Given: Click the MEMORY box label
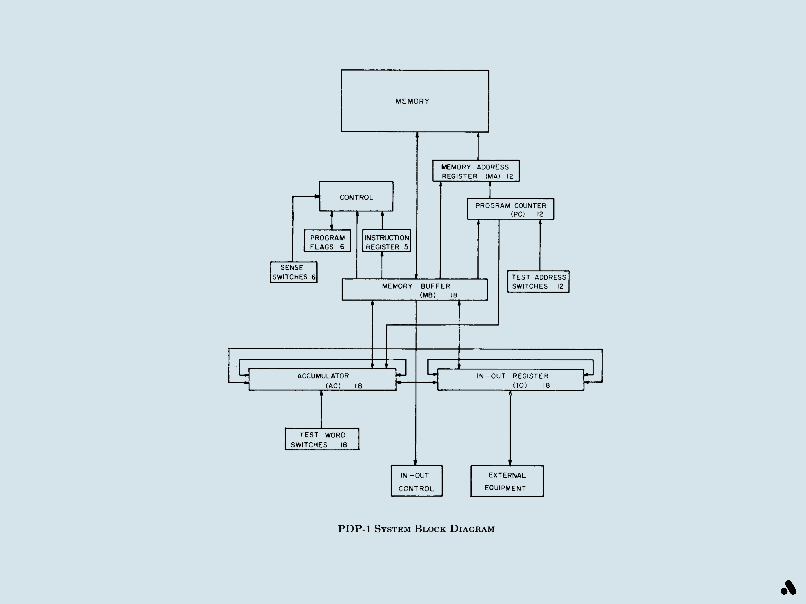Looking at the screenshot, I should (412, 101).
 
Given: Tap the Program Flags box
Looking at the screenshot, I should (327, 241).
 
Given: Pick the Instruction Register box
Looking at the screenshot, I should (386, 241).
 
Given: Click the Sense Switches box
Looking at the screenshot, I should (293, 272).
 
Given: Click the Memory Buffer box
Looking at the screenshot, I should (415, 290).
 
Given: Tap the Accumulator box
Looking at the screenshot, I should (322, 380).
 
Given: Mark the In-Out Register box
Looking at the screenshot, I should (510, 380).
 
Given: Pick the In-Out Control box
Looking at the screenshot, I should (417, 481).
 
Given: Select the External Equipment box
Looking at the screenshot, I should (507, 481).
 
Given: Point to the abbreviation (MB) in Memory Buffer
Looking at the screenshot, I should (428, 295).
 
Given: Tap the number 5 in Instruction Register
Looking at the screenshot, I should (406, 247).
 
